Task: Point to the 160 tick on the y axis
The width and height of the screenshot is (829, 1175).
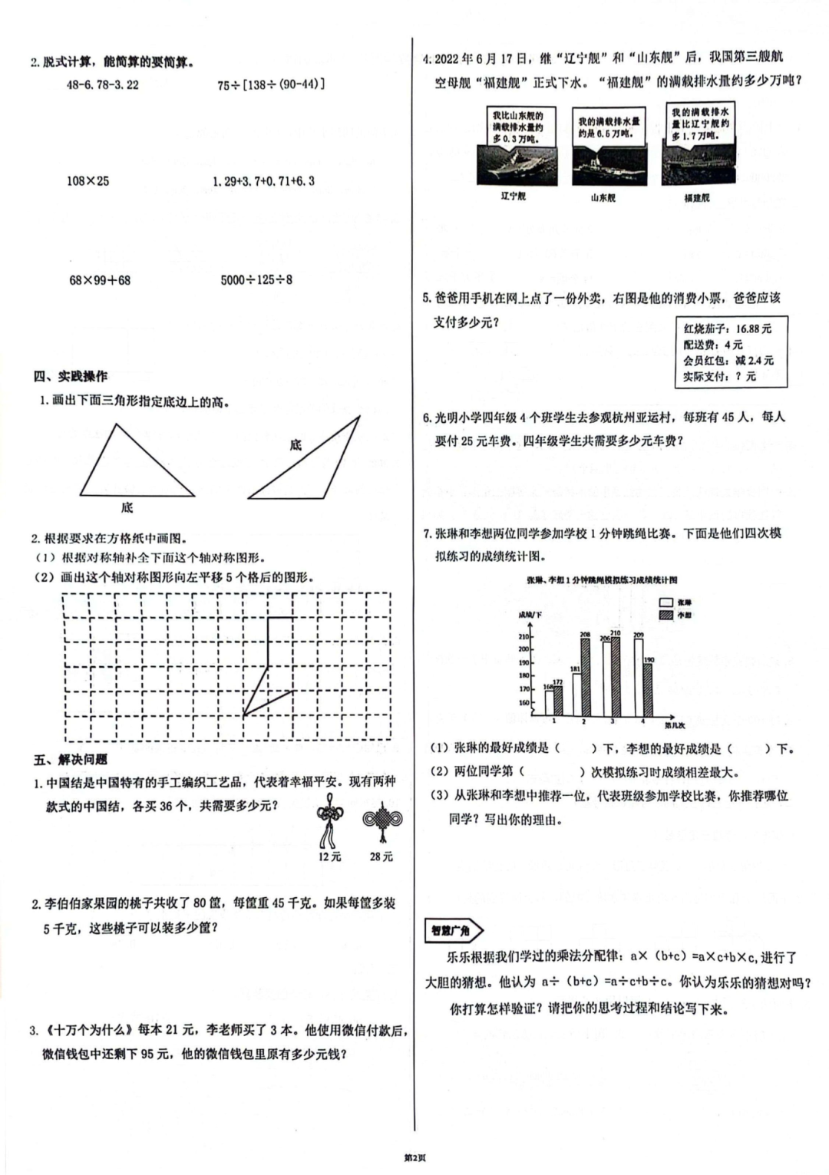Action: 524,702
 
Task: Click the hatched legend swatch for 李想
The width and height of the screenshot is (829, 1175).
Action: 666,615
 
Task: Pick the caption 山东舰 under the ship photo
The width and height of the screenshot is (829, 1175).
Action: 603,197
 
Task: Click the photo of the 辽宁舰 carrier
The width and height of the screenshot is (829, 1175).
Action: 512,165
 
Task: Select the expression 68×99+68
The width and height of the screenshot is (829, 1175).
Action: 100,280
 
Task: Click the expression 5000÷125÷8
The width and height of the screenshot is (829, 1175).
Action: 256,280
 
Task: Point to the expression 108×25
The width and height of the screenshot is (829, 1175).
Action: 88,181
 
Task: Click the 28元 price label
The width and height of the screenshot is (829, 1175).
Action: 381,856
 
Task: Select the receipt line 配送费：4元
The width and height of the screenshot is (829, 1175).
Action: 713,345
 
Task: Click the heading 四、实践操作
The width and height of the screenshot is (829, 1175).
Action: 70,376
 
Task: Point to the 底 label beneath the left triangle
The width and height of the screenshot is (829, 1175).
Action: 127,507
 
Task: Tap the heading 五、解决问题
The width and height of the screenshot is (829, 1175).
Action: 70,759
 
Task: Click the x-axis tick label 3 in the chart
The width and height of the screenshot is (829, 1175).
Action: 613,721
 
